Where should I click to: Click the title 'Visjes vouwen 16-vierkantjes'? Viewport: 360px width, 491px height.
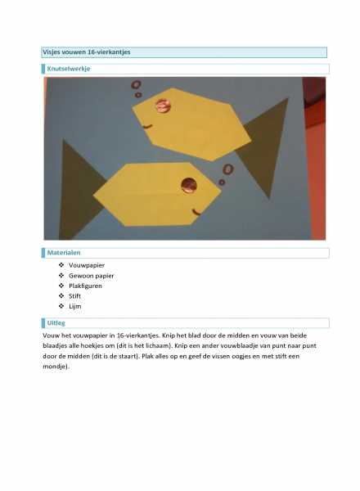[x=87, y=52]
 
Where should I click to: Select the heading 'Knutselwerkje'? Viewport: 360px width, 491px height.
[x=69, y=69]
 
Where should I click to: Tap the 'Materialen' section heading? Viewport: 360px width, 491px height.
[x=64, y=252]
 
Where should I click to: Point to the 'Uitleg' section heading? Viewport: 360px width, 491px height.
[x=56, y=323]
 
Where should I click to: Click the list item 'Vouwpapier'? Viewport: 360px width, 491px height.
[x=87, y=265]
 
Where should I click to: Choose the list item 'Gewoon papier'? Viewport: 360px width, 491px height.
[x=92, y=276]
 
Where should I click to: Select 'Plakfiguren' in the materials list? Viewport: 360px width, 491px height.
[x=85, y=286]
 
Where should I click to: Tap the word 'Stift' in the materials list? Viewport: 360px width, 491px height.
[x=74, y=296]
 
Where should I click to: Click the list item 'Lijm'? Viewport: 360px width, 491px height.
[x=74, y=306]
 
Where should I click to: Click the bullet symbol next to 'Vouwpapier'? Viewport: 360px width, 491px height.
[x=61, y=265]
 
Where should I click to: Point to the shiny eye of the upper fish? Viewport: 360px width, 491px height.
[x=164, y=106]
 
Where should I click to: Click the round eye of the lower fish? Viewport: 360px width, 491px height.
[x=189, y=185]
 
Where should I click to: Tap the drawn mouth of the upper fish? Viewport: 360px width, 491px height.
[x=147, y=127]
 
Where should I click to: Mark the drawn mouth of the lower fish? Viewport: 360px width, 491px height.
[x=196, y=212]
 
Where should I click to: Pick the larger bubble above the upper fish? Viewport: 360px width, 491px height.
[x=136, y=84]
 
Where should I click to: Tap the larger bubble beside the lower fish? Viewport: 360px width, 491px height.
[x=228, y=169]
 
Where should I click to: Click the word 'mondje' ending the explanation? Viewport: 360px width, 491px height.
[x=55, y=367]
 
